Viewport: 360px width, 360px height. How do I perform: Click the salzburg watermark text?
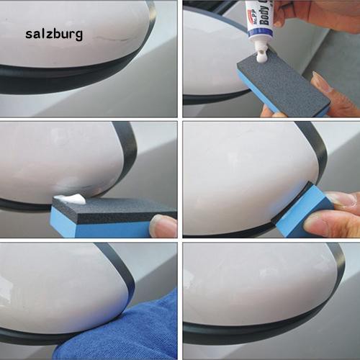tap(54, 34)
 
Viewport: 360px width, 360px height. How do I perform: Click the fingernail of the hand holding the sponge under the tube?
tap(322, 82)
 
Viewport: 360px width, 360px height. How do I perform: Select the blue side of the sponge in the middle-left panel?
tap(101, 230)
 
